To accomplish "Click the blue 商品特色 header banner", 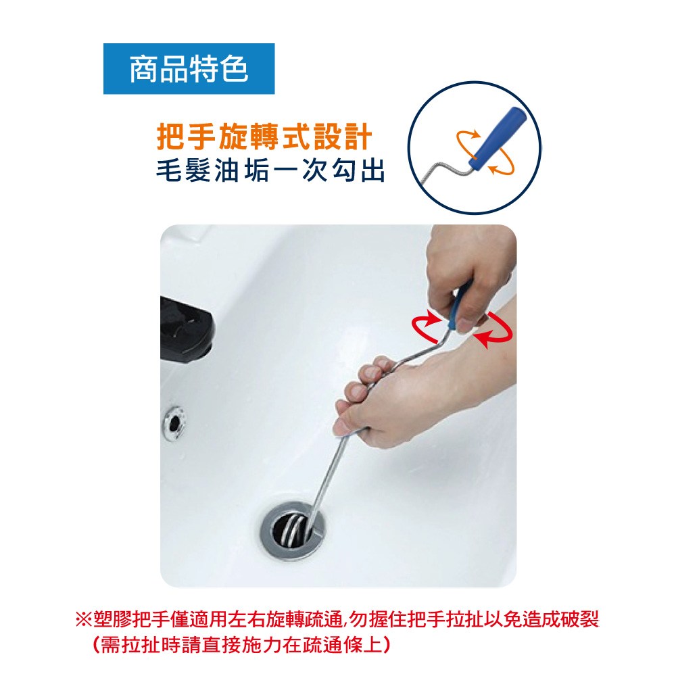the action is click(x=189, y=68).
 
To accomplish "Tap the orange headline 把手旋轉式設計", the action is click(x=264, y=137).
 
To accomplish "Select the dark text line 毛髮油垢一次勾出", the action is click(x=270, y=171).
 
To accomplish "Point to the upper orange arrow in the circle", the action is click(x=465, y=138).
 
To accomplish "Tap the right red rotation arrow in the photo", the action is click(x=493, y=330).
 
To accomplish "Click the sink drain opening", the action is click(x=293, y=530).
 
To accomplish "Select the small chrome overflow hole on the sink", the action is click(x=174, y=422).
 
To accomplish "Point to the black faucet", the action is click(x=187, y=329).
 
